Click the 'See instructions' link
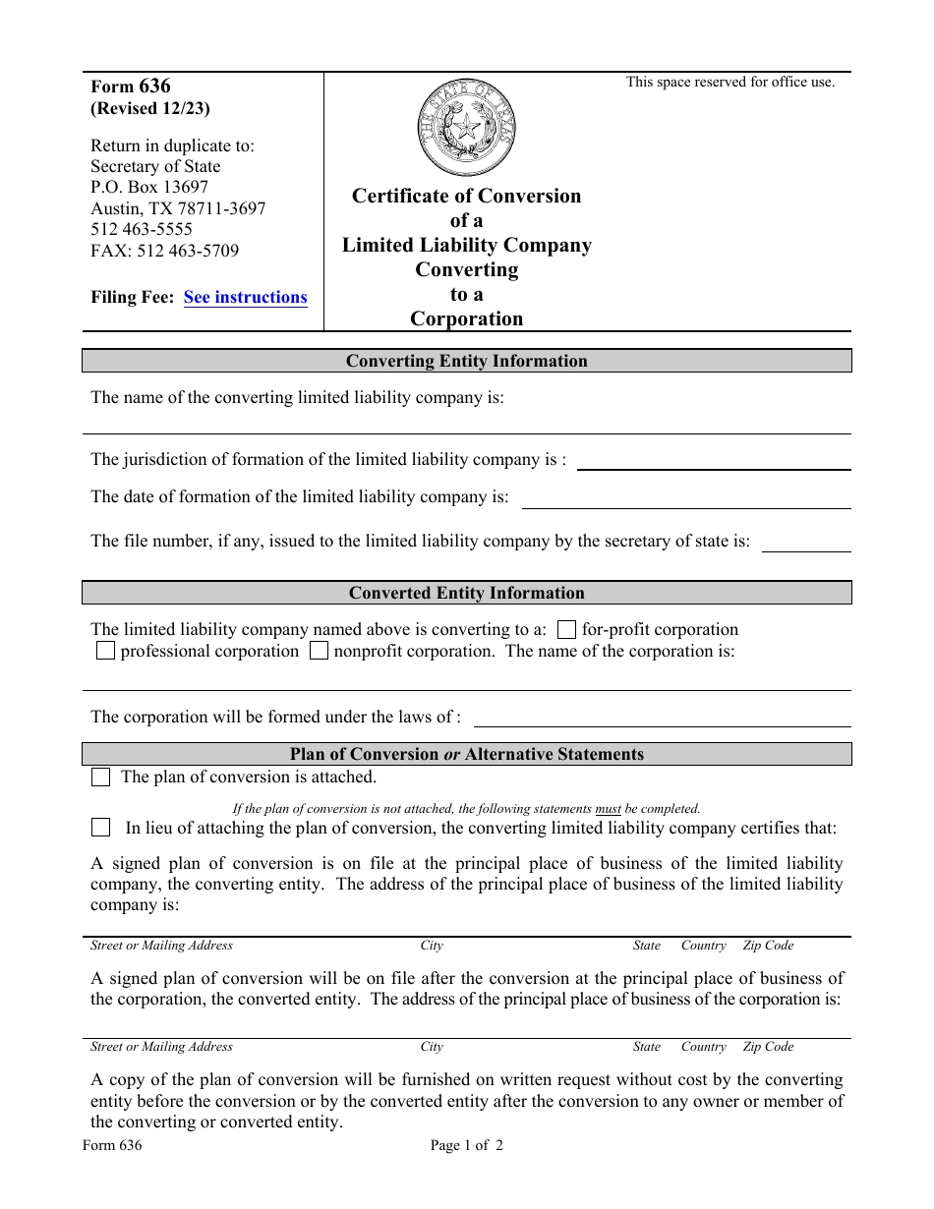pyautogui.click(x=245, y=297)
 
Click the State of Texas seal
pyautogui.click(x=466, y=129)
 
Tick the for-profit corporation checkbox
pyautogui.click(x=566, y=630)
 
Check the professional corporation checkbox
pyautogui.click(x=105, y=652)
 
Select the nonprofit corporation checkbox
pyautogui.click(x=319, y=652)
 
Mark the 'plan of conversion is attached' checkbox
pyautogui.click(x=100, y=777)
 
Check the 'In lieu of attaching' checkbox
pyautogui.click(x=100, y=828)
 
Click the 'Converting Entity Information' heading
pyautogui.click(x=466, y=361)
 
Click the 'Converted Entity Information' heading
pyautogui.click(x=466, y=593)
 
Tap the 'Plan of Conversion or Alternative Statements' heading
pyautogui.click(x=466, y=754)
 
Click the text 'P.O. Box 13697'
pyautogui.click(x=149, y=187)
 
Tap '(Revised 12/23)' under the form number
pyautogui.click(x=150, y=109)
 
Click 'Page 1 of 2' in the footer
pyautogui.click(x=466, y=1145)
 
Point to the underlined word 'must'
pyautogui.click(x=608, y=809)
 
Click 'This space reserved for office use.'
pyautogui.click(x=730, y=83)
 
